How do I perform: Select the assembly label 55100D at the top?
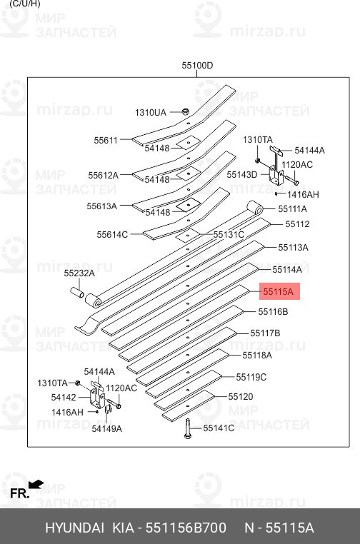197,66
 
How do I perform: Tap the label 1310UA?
151,112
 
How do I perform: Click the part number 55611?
105,141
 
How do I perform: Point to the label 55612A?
103,175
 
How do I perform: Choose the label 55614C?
112,234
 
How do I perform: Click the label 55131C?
229,234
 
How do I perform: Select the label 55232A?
79,273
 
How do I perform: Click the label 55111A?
293,208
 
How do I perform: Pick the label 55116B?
273,312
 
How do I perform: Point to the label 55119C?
251,377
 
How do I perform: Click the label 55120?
241,396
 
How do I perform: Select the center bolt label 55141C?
219,428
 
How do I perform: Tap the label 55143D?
241,174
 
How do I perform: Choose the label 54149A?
106,428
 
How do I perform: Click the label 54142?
64,397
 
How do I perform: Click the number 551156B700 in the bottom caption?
186,528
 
